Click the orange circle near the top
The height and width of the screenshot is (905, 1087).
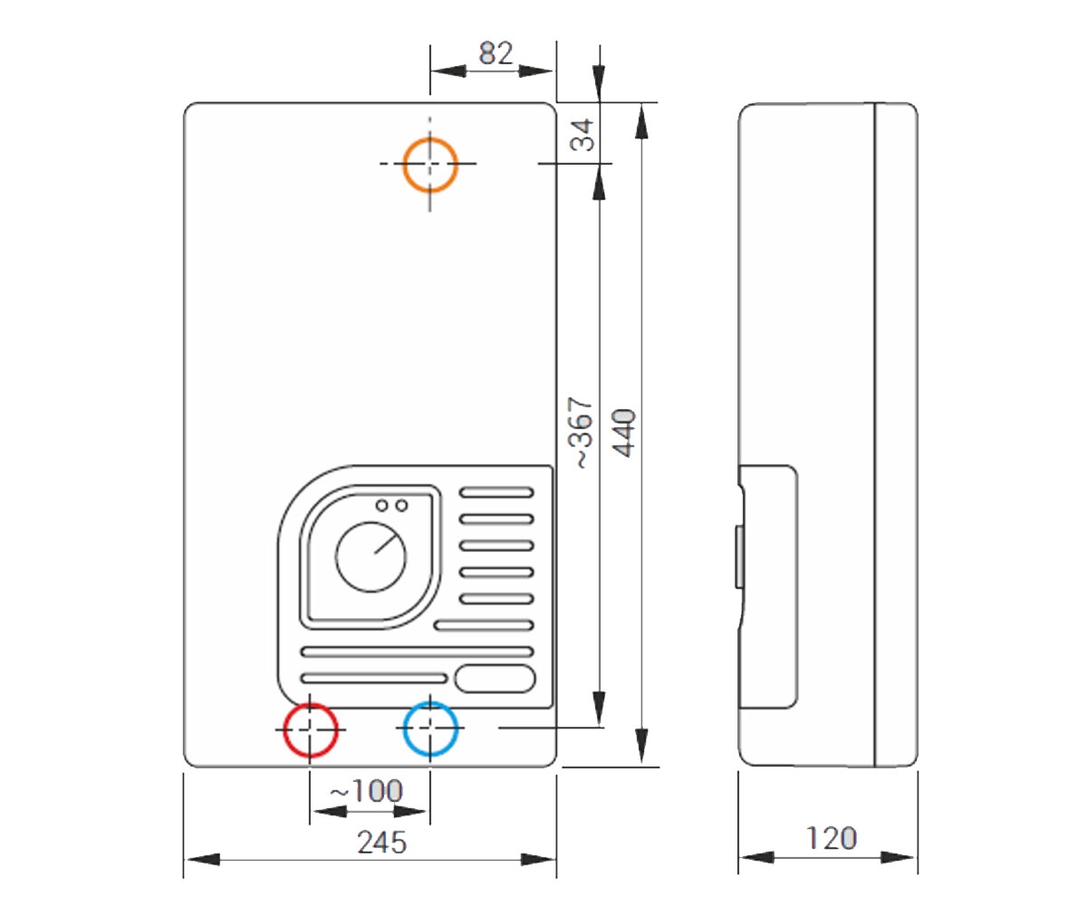click(430, 138)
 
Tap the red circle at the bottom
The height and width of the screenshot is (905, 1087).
click(311, 704)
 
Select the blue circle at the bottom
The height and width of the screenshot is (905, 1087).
click(430, 702)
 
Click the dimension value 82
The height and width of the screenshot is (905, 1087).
click(495, 53)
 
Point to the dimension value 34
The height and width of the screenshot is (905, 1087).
click(582, 135)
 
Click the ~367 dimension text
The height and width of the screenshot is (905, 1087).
click(581, 433)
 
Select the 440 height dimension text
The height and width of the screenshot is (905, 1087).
click(623, 433)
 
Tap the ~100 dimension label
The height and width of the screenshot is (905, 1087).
click(366, 791)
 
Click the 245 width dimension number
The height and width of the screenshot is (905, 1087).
click(381, 843)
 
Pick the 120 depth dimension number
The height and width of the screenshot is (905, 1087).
click(832, 838)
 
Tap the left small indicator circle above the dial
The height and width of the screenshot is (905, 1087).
click(382, 505)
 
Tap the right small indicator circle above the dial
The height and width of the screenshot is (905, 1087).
click(401, 505)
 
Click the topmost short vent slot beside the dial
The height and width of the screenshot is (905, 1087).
click(496, 492)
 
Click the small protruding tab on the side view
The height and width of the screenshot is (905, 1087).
click(739, 557)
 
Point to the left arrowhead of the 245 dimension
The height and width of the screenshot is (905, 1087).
click(203, 859)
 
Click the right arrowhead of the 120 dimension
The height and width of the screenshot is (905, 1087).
click(897, 857)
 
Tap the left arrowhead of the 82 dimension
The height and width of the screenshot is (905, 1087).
click(448, 71)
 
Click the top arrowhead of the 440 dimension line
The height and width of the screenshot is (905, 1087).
click(642, 121)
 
